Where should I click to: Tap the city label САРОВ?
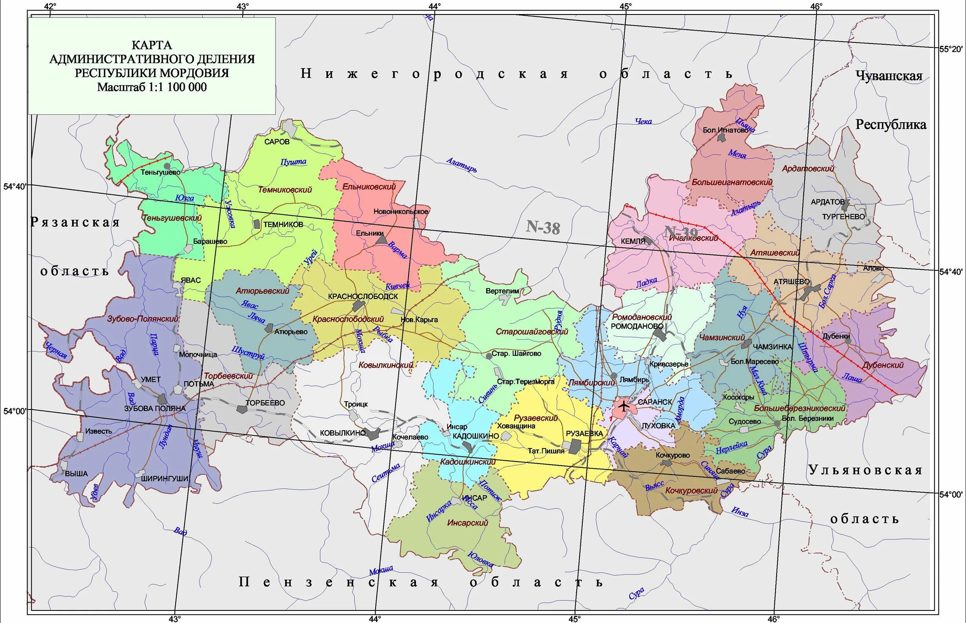277,141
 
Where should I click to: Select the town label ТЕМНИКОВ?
283,225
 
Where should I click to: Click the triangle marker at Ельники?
381,240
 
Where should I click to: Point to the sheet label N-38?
543,227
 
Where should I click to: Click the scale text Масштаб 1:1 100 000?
152,87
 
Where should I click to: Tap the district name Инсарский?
467,523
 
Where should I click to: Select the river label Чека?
643,121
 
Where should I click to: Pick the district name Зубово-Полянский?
142,319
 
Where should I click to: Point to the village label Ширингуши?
165,478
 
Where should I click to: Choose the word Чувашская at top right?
889,76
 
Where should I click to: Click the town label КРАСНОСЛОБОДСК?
363,296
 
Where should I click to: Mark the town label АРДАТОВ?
828,201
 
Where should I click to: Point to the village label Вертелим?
502,291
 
